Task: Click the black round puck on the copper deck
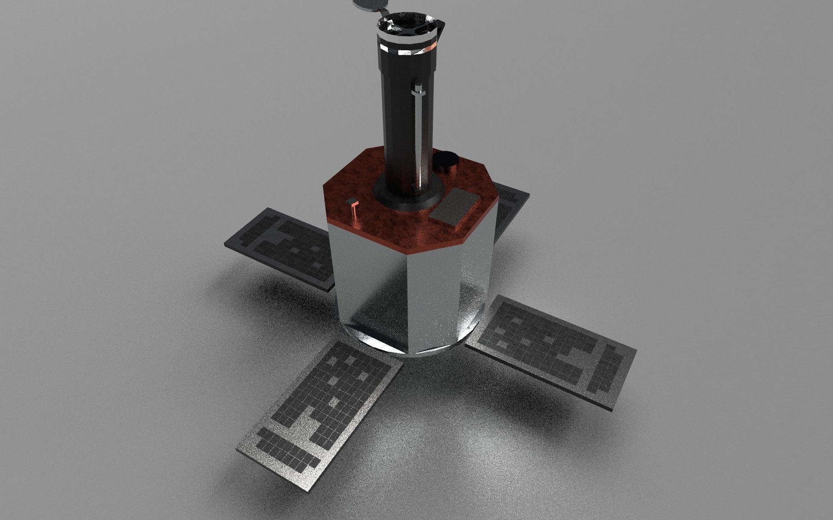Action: [x=447, y=161]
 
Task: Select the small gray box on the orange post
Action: [x=352, y=201]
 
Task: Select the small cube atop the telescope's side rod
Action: [x=419, y=90]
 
